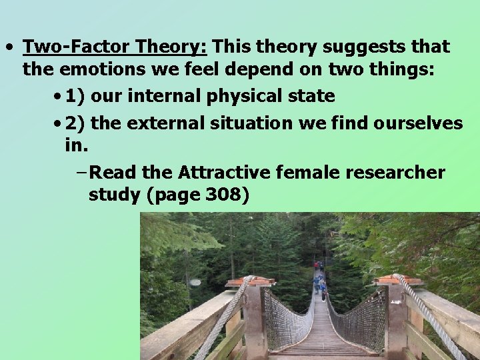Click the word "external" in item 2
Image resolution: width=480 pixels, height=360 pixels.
[x=174, y=123]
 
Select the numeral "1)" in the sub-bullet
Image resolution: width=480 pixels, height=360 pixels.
[x=75, y=97]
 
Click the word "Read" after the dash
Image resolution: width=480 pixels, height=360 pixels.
[x=113, y=173]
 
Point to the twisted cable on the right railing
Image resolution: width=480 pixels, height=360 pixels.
[x=427, y=313]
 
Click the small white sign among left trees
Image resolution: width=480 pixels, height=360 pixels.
[x=195, y=282]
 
